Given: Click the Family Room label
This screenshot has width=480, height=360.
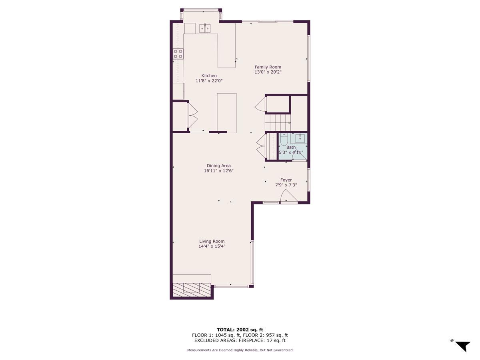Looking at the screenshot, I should (268, 67).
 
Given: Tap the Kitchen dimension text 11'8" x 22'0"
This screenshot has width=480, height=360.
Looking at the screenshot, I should (209, 81).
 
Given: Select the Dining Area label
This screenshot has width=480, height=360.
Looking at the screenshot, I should (218, 166).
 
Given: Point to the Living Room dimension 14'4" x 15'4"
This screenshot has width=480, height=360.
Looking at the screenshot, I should (212, 246).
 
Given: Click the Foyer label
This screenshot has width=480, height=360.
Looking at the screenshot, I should (286, 180).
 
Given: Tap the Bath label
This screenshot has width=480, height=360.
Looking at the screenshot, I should (291, 147).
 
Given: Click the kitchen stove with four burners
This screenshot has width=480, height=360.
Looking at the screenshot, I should (178, 54).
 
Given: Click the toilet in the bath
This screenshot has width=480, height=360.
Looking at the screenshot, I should (284, 140).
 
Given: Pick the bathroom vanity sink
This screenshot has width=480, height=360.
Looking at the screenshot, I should (300, 139).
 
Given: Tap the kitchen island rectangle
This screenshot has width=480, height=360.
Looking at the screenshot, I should (226, 113).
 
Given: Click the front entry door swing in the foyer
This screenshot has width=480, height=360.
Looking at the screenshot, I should (288, 197).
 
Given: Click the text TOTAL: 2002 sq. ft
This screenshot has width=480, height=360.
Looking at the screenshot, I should (240, 330).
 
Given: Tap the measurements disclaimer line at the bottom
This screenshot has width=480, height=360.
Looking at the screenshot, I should (240, 350).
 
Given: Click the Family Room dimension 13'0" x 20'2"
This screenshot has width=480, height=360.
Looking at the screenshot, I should (268, 72).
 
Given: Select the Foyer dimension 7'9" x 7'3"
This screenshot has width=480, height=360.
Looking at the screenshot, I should (286, 185).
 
